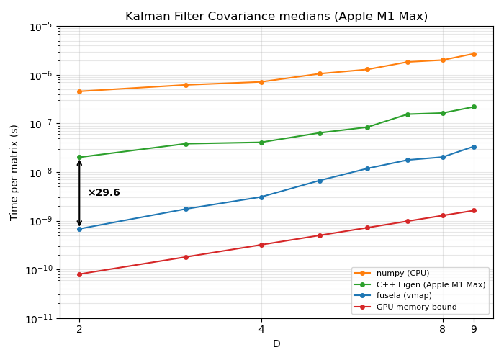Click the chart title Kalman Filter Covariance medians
(276, 17)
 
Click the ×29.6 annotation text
(104, 193)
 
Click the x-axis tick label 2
(79, 330)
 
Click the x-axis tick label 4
(261, 330)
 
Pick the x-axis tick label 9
(474, 330)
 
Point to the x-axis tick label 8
(443, 330)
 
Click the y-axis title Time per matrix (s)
(14, 172)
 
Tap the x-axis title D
(276, 344)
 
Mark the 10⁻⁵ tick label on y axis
(40, 27)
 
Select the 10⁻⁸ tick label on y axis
(40, 173)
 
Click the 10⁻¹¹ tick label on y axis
(40, 318)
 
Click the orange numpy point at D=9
(474, 54)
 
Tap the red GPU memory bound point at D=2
(79, 274)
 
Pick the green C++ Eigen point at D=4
(261, 143)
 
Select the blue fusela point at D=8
(443, 157)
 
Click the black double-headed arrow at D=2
(79, 193)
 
